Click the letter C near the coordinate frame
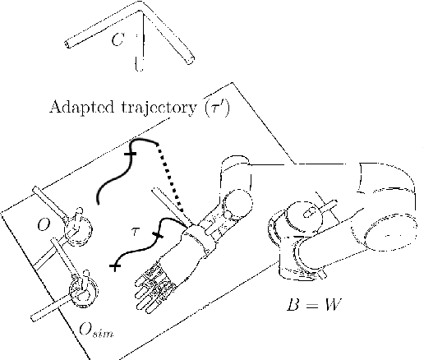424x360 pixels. point(118,39)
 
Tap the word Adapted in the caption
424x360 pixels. point(82,107)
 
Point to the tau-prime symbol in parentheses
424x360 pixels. point(216,107)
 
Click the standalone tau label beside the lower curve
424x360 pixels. point(135,232)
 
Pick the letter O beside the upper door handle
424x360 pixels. point(44,225)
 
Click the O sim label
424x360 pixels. point(96,330)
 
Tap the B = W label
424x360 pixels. point(315,304)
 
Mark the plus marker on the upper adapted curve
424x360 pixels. point(131,154)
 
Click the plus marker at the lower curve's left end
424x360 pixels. point(115,265)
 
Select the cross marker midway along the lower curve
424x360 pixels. point(158,235)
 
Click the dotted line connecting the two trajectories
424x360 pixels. point(170,178)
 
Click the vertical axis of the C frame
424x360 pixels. point(142,41)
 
